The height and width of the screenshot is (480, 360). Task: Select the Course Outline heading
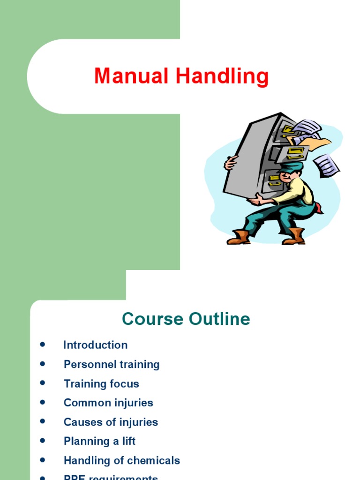(186, 319)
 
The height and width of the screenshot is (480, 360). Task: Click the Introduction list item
(95, 345)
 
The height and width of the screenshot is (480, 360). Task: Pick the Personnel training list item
(112, 364)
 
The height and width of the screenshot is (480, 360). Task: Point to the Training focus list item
(101, 383)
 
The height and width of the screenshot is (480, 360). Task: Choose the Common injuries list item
(108, 403)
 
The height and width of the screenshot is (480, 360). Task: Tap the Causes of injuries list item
(111, 422)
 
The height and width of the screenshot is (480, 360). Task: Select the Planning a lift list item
(99, 441)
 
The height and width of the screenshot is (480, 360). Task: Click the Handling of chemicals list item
(122, 460)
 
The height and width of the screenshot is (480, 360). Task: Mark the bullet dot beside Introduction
(43, 345)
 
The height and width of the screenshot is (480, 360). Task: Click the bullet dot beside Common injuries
(43, 402)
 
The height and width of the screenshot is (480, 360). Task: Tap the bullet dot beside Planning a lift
(43, 441)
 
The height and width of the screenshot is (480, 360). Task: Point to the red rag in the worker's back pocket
(318, 208)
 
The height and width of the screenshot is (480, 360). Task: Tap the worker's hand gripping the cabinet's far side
(231, 163)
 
